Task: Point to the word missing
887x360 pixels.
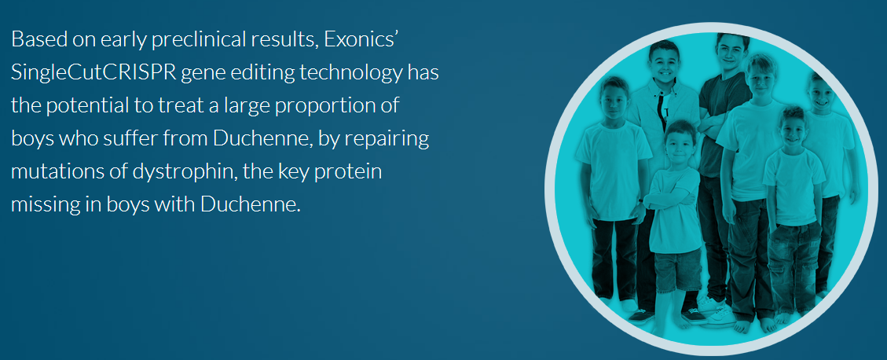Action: pos(46,205)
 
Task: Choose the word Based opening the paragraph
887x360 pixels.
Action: pos(34,39)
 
